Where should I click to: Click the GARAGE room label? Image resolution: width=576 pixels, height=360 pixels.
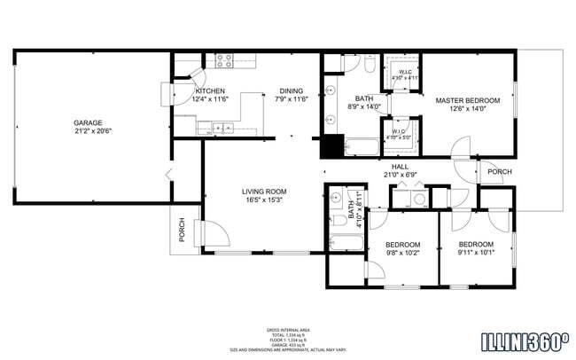pos(88,122)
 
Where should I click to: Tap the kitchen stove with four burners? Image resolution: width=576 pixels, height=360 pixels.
pos(223,61)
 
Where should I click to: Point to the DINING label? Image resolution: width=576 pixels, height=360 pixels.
pos(291,90)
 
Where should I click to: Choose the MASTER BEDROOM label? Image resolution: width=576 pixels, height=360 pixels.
pos(467,100)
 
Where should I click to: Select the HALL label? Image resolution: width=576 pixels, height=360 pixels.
pos(399,166)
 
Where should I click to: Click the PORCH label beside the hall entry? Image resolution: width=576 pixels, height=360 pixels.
pos(500,172)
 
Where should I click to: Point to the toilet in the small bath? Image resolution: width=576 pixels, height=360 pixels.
pos(338,220)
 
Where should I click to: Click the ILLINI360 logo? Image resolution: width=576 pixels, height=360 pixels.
pos(525,340)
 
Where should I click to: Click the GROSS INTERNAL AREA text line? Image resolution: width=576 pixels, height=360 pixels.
pos(287,330)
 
